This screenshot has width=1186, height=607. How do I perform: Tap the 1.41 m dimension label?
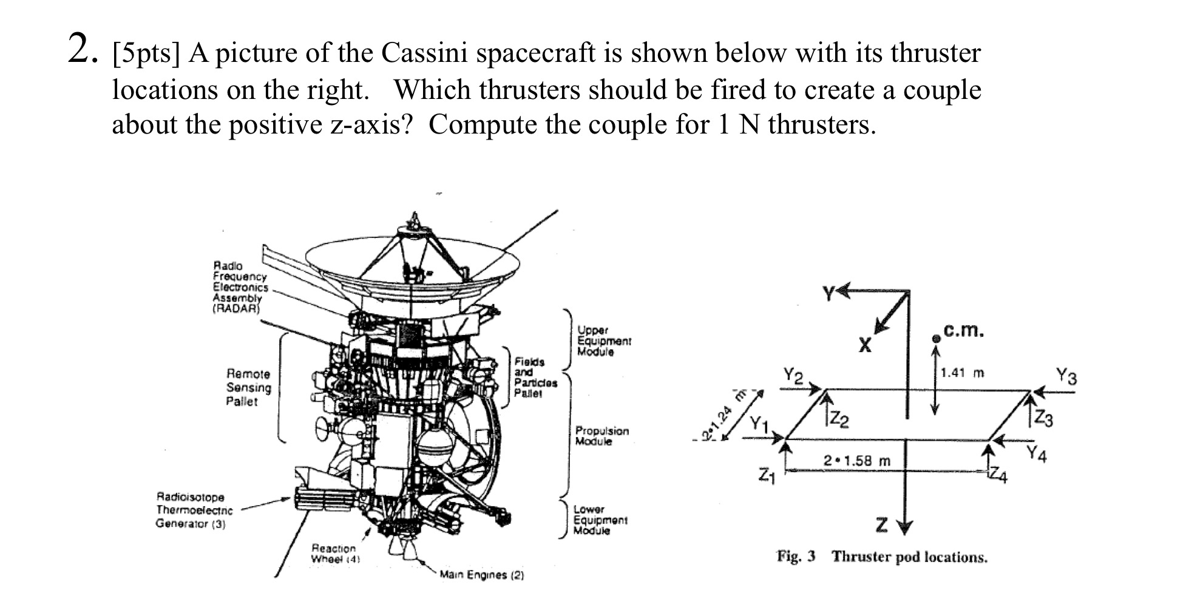coord(962,373)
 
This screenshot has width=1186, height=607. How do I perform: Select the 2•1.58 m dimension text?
coord(857,461)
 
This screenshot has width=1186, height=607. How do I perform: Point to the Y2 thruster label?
coord(793,376)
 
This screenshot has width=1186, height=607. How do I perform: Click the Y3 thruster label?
coord(1066,376)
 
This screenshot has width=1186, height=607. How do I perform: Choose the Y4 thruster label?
coord(1037,453)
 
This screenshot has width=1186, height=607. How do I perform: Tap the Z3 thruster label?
coord(1043,419)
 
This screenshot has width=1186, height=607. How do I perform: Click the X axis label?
coord(865,345)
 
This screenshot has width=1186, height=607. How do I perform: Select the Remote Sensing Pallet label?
coord(248,387)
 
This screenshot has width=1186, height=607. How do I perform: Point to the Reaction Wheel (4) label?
coord(333,553)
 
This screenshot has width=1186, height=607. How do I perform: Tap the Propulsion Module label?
coord(601,436)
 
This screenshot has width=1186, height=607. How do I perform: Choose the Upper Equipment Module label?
coord(603,341)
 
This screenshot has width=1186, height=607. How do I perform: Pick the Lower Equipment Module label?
coord(600,520)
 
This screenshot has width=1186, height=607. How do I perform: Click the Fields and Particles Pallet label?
coord(535,377)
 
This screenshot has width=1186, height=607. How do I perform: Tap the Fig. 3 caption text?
coord(882,557)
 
